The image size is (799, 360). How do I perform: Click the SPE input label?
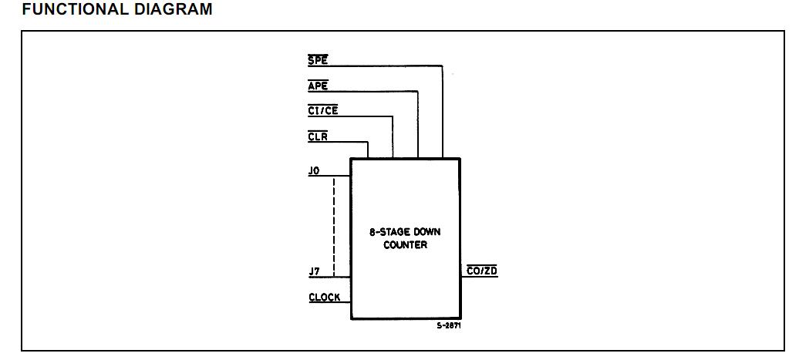(318, 60)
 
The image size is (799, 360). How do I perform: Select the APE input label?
(318, 86)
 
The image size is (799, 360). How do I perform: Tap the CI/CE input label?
(323, 111)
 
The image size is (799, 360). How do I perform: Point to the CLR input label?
(318, 136)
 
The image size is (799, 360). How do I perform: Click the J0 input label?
(314, 170)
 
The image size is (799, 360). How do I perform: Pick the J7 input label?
(314, 272)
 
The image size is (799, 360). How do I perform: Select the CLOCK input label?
(324, 297)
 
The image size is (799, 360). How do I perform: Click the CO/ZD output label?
(482, 271)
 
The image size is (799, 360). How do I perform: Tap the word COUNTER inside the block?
(405, 245)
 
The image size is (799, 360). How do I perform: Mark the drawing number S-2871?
(449, 325)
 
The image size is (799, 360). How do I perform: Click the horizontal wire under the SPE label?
(378, 66)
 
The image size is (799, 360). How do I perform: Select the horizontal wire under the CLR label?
(339, 142)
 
